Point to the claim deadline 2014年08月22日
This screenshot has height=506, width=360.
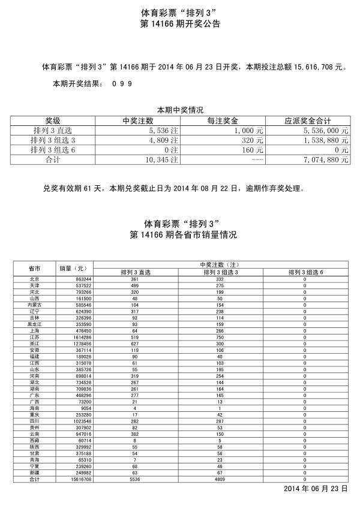[x=209, y=188]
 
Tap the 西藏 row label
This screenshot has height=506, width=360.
[x=34, y=441]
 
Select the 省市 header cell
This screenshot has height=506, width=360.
[x=34, y=268]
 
